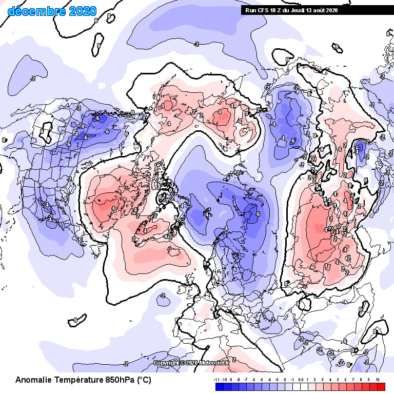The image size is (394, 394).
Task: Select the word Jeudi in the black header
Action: point(295,10)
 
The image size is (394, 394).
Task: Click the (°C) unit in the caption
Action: point(144,380)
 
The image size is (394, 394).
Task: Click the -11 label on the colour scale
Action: point(217,380)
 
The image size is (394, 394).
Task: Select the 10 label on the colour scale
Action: point(378,380)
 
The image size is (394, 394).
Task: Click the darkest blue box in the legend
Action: point(220,387)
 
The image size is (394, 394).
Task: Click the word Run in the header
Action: point(249,10)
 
